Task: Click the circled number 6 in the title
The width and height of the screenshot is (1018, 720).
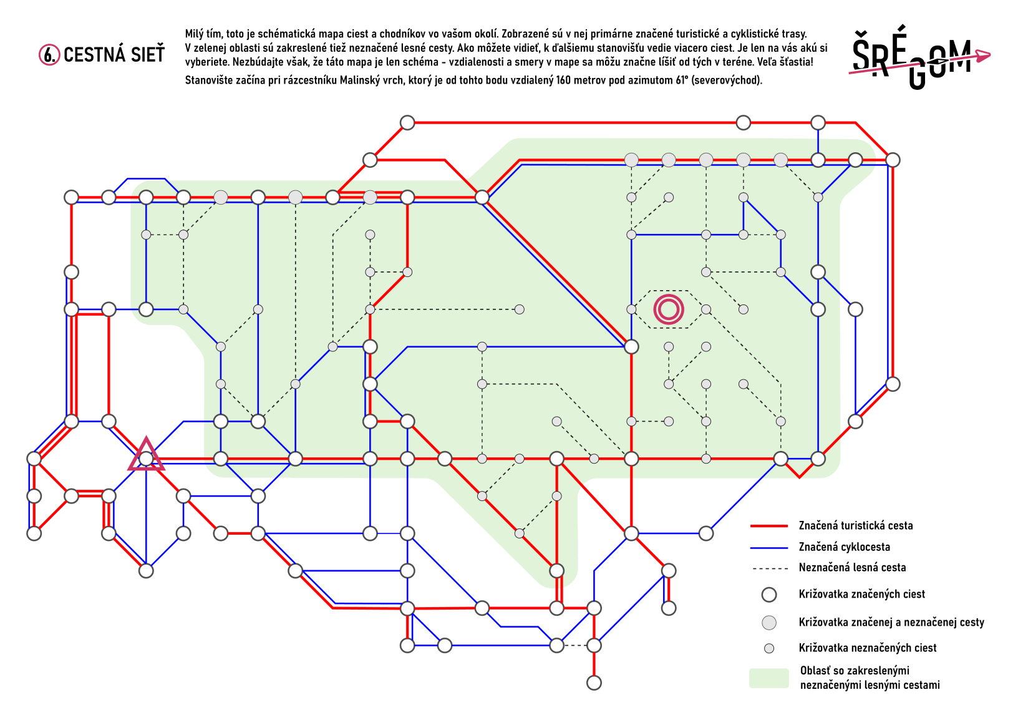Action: tap(49, 55)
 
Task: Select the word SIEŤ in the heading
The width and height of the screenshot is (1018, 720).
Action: tap(145, 55)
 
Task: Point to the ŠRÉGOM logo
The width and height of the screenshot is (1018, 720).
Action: tap(919, 56)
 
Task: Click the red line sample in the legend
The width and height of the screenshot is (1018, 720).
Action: tap(769, 526)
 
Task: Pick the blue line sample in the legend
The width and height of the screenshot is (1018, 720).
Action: tap(769, 548)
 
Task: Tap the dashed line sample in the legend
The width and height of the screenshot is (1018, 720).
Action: tap(769, 568)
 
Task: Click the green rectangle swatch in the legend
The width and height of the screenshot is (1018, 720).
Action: tap(769, 678)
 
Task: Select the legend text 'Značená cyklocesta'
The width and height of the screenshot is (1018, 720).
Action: tap(845, 547)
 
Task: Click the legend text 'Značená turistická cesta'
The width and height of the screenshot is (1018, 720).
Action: tap(856, 525)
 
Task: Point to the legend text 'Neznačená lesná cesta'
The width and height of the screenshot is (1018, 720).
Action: tap(852, 568)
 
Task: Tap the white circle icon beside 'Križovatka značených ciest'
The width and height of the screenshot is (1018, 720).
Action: tap(769, 595)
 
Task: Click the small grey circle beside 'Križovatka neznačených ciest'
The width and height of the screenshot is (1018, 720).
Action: tap(769, 649)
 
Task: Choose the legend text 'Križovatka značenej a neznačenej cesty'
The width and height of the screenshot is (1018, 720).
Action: tap(891, 622)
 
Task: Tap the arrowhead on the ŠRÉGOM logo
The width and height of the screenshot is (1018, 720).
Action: tap(983, 56)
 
